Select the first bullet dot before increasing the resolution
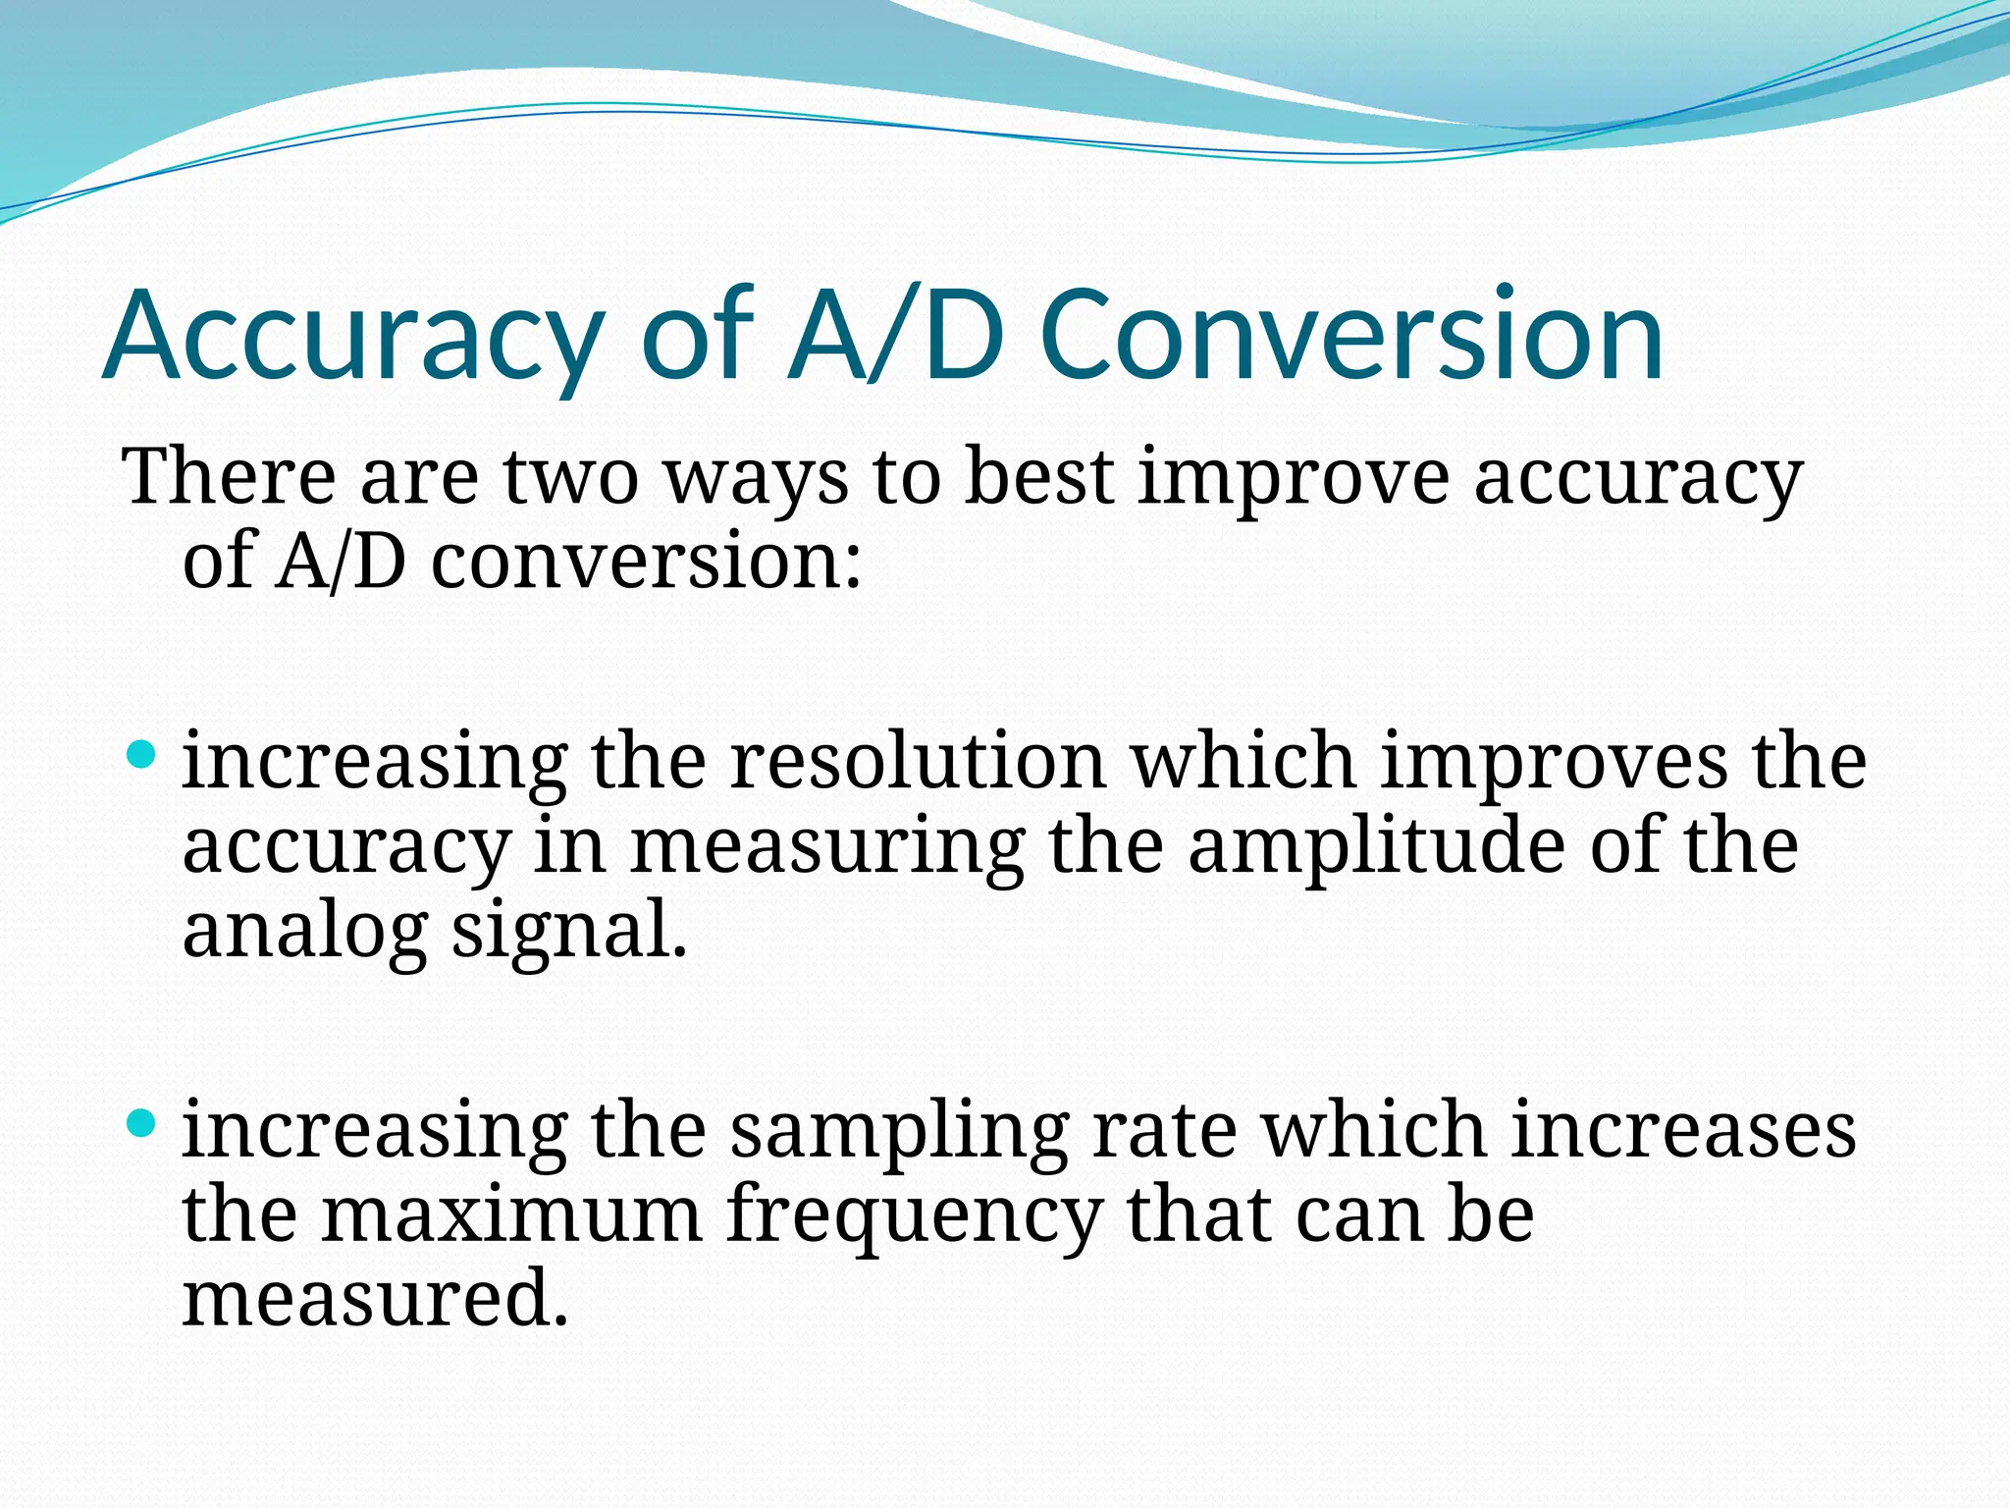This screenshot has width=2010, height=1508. [x=142, y=755]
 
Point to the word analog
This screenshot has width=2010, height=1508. [x=305, y=934]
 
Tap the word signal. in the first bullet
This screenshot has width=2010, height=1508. [x=569, y=934]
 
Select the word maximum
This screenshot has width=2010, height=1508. [x=511, y=1215]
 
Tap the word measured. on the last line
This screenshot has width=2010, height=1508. [x=376, y=1298]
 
